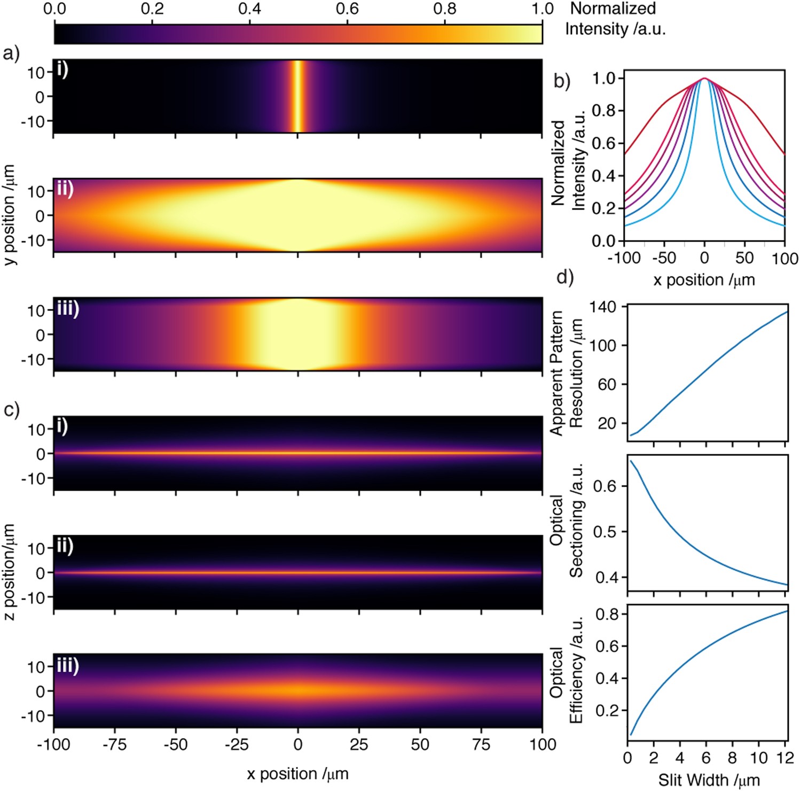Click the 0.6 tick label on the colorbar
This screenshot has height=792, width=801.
click(347, 9)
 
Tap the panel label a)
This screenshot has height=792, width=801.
click(11, 53)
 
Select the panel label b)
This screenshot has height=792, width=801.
click(562, 81)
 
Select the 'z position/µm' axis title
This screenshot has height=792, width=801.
click(9, 572)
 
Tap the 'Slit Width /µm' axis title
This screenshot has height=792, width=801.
click(709, 780)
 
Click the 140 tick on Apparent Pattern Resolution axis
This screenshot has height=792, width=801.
click(603, 307)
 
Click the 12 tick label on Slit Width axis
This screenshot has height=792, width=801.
click(784, 758)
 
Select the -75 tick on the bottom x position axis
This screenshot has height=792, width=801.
click(114, 744)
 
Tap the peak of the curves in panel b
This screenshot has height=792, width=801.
click(704, 79)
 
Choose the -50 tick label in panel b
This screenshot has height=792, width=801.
click(664, 258)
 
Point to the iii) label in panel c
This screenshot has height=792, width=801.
click(68, 665)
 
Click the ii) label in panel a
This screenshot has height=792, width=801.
click(65, 189)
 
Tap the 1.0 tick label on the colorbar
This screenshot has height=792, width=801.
click(543, 9)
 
